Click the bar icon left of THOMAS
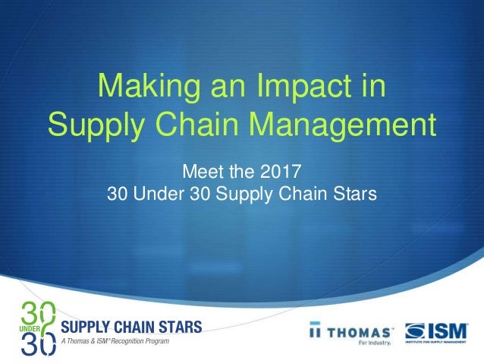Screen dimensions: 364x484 314,332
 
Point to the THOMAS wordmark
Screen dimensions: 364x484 360,331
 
